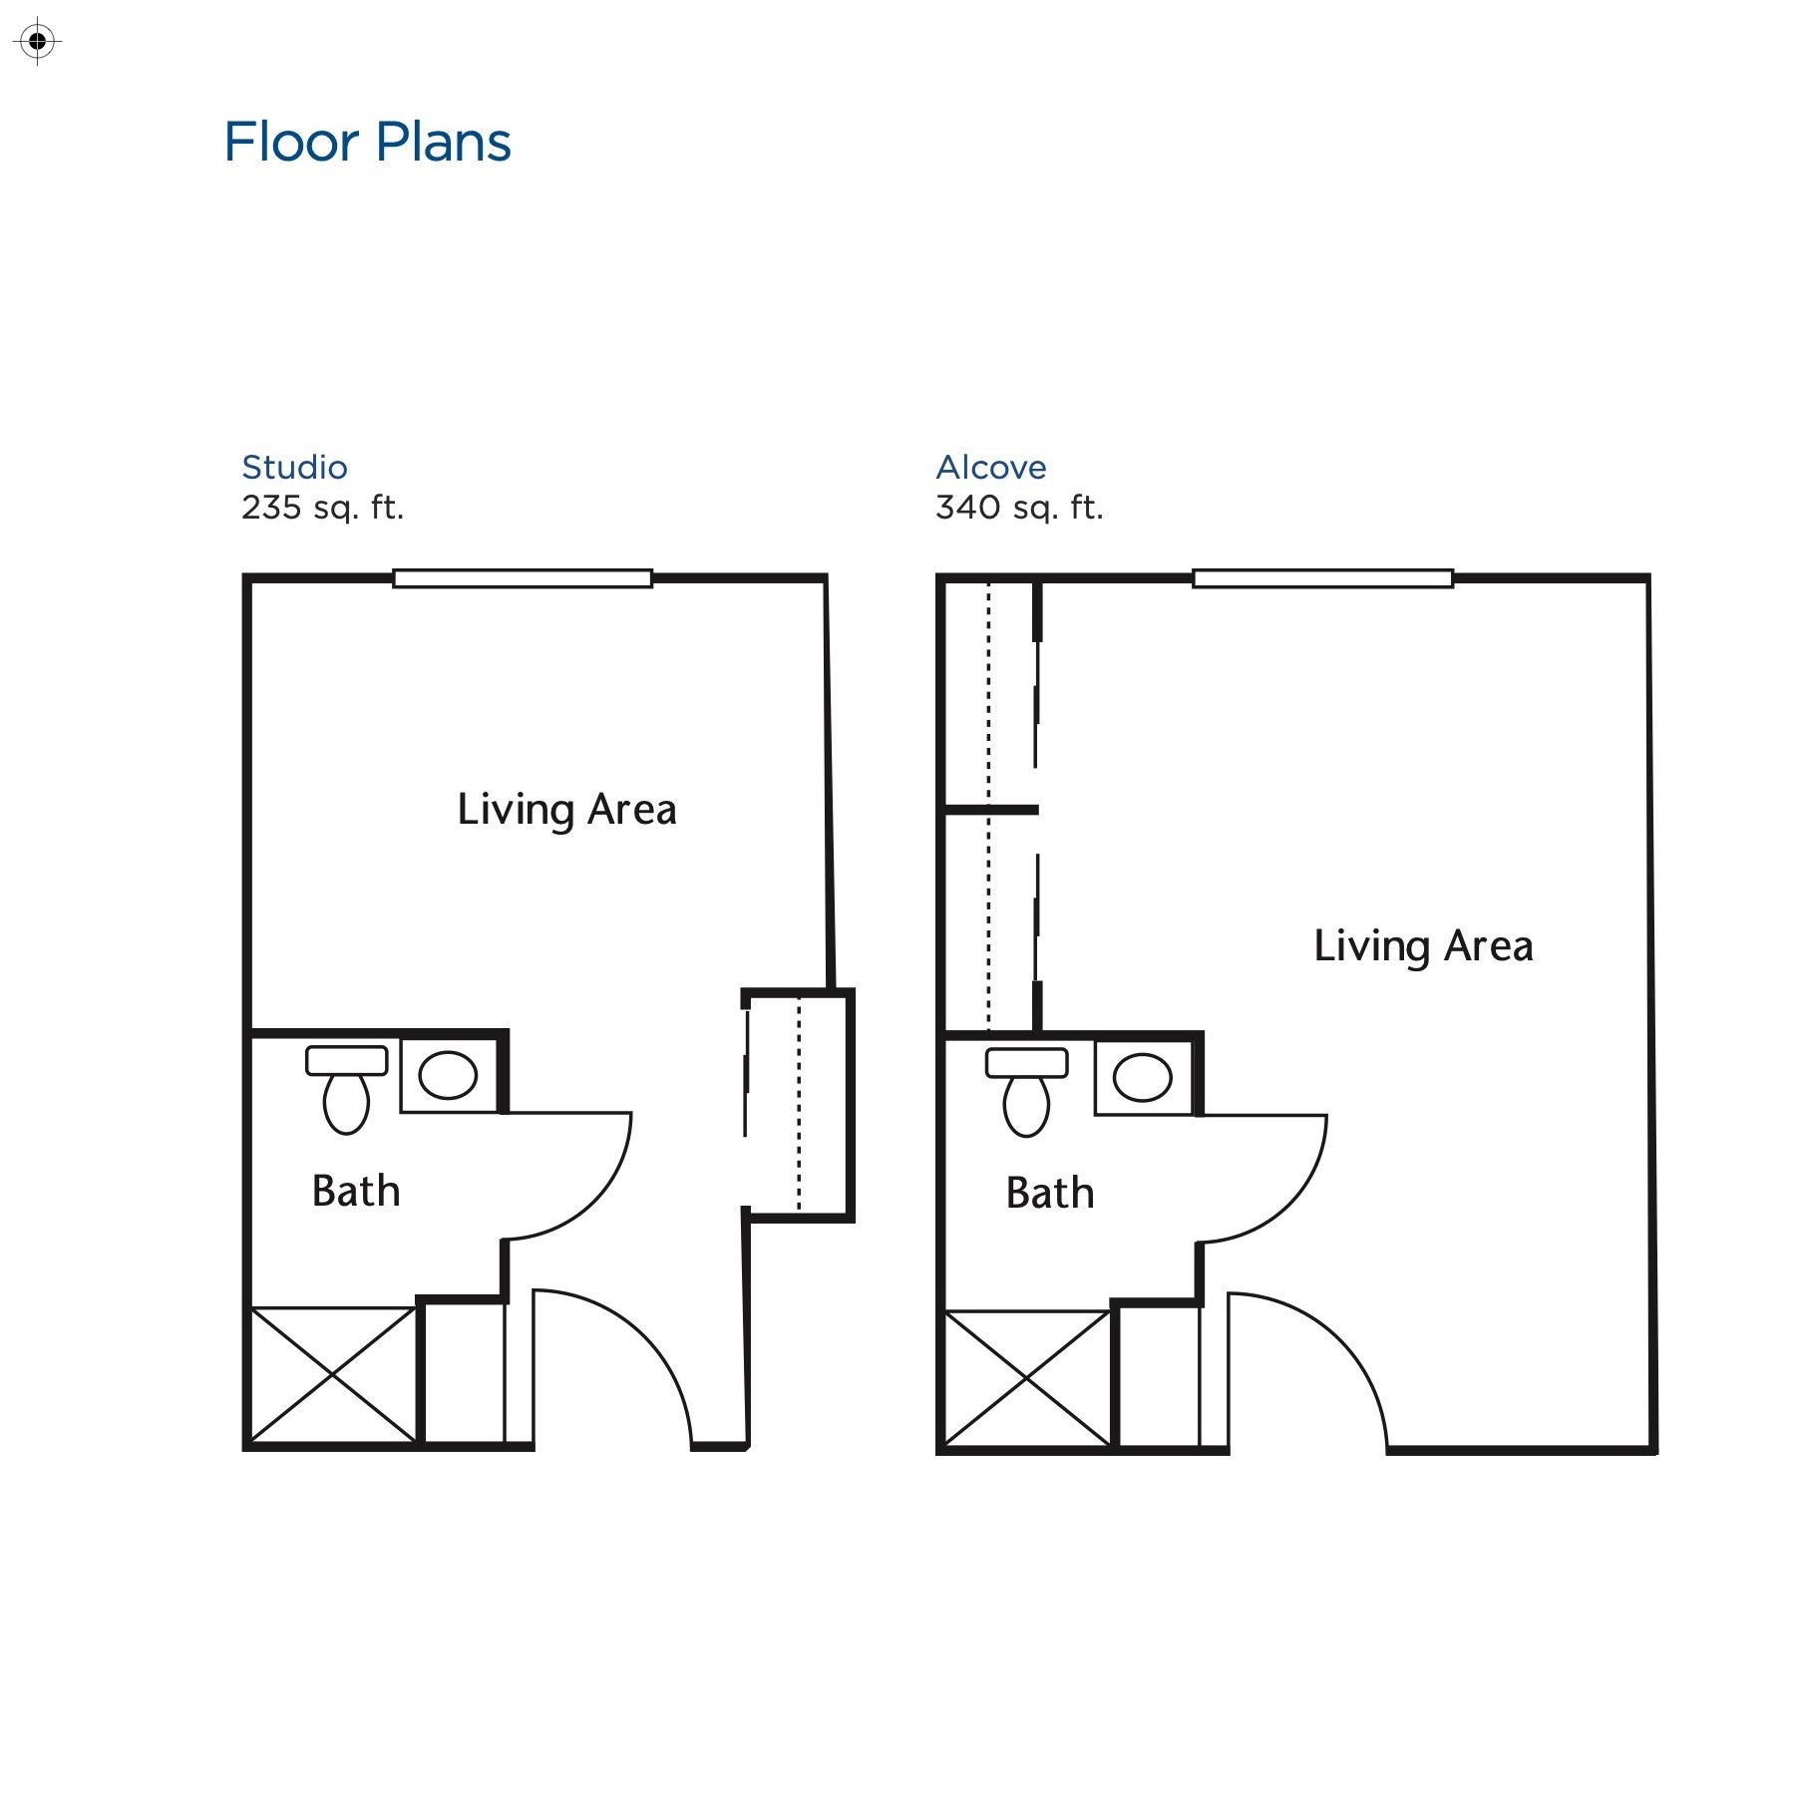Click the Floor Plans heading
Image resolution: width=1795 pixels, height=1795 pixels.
367,142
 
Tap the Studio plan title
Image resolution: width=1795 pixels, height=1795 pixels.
294,467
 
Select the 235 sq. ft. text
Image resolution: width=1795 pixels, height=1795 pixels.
322,508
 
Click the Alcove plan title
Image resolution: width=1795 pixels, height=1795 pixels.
990,467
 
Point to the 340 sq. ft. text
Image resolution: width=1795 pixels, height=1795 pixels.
1019,508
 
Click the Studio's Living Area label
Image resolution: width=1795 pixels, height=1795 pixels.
566,809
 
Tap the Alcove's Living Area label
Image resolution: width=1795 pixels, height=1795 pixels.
1423,945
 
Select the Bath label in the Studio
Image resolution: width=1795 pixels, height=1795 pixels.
355,1191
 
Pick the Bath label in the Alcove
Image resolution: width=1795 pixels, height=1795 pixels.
1049,1193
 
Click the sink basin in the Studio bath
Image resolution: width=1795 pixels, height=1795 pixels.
448,1075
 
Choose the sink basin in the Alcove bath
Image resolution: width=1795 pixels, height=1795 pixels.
1142,1078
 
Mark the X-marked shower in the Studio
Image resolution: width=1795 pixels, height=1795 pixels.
332,1374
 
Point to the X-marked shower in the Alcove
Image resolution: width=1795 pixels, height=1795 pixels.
1026,1377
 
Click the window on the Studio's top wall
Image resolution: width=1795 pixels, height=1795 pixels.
522,578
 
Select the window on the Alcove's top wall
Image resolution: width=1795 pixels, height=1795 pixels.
1322,578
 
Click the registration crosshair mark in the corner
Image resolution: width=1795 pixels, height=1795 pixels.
38,42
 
